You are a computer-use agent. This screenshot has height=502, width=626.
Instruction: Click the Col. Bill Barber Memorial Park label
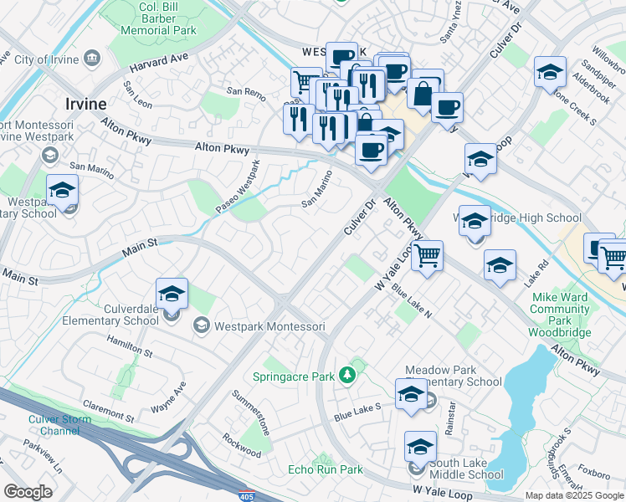point(158,18)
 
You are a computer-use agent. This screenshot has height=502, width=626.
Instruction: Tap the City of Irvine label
point(46,59)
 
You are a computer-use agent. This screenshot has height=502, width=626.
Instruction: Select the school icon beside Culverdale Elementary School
point(172,295)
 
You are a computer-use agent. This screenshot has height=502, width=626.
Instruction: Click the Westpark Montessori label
point(269,325)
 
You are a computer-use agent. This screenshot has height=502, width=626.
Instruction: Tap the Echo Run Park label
point(326,469)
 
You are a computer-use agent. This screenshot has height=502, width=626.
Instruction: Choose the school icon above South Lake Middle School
point(420,448)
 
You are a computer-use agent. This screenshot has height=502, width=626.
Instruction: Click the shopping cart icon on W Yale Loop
point(427,255)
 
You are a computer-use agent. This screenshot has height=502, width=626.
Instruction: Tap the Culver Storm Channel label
point(54,424)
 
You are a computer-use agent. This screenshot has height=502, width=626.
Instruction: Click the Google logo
point(28,492)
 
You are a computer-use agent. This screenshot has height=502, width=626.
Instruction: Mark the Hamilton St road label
point(129,347)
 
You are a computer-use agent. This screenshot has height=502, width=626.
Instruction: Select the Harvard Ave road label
point(158,63)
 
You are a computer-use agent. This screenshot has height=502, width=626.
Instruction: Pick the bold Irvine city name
point(85,104)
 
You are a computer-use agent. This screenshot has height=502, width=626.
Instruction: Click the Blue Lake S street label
point(357,411)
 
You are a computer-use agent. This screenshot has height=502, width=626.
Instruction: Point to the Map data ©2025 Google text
point(573,495)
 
